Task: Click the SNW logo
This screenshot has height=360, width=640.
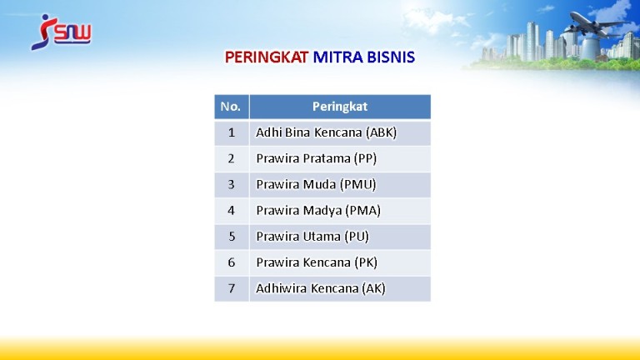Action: pyautogui.click(x=61, y=32)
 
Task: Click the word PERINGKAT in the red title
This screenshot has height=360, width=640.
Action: pyautogui.click(x=267, y=57)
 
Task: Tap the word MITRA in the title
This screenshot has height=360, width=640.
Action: pyautogui.click(x=338, y=57)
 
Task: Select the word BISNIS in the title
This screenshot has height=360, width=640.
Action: pyautogui.click(x=391, y=57)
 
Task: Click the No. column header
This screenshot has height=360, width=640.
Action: pyautogui.click(x=231, y=107)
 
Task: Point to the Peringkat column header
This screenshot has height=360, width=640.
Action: pyautogui.click(x=340, y=107)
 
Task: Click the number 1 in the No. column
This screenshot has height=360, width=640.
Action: pyautogui.click(x=232, y=132)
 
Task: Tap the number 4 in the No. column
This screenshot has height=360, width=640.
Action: pyautogui.click(x=232, y=211)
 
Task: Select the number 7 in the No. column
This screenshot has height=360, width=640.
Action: pyautogui.click(x=232, y=288)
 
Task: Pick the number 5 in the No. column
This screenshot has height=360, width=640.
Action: pyautogui.click(x=232, y=237)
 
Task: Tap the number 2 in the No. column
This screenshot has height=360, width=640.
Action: pyautogui.click(x=232, y=158)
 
